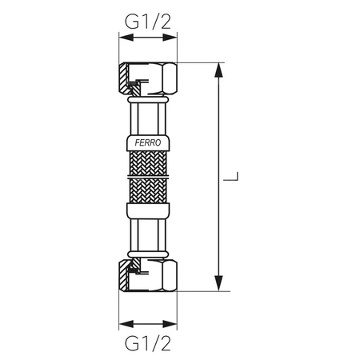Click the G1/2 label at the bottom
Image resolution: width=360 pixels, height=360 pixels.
(x=148, y=346)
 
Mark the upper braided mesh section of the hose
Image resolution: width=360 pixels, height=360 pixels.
(x=149, y=166)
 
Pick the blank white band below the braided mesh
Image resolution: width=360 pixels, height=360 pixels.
(x=149, y=213)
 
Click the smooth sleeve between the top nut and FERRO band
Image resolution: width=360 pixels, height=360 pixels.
(x=149, y=118)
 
